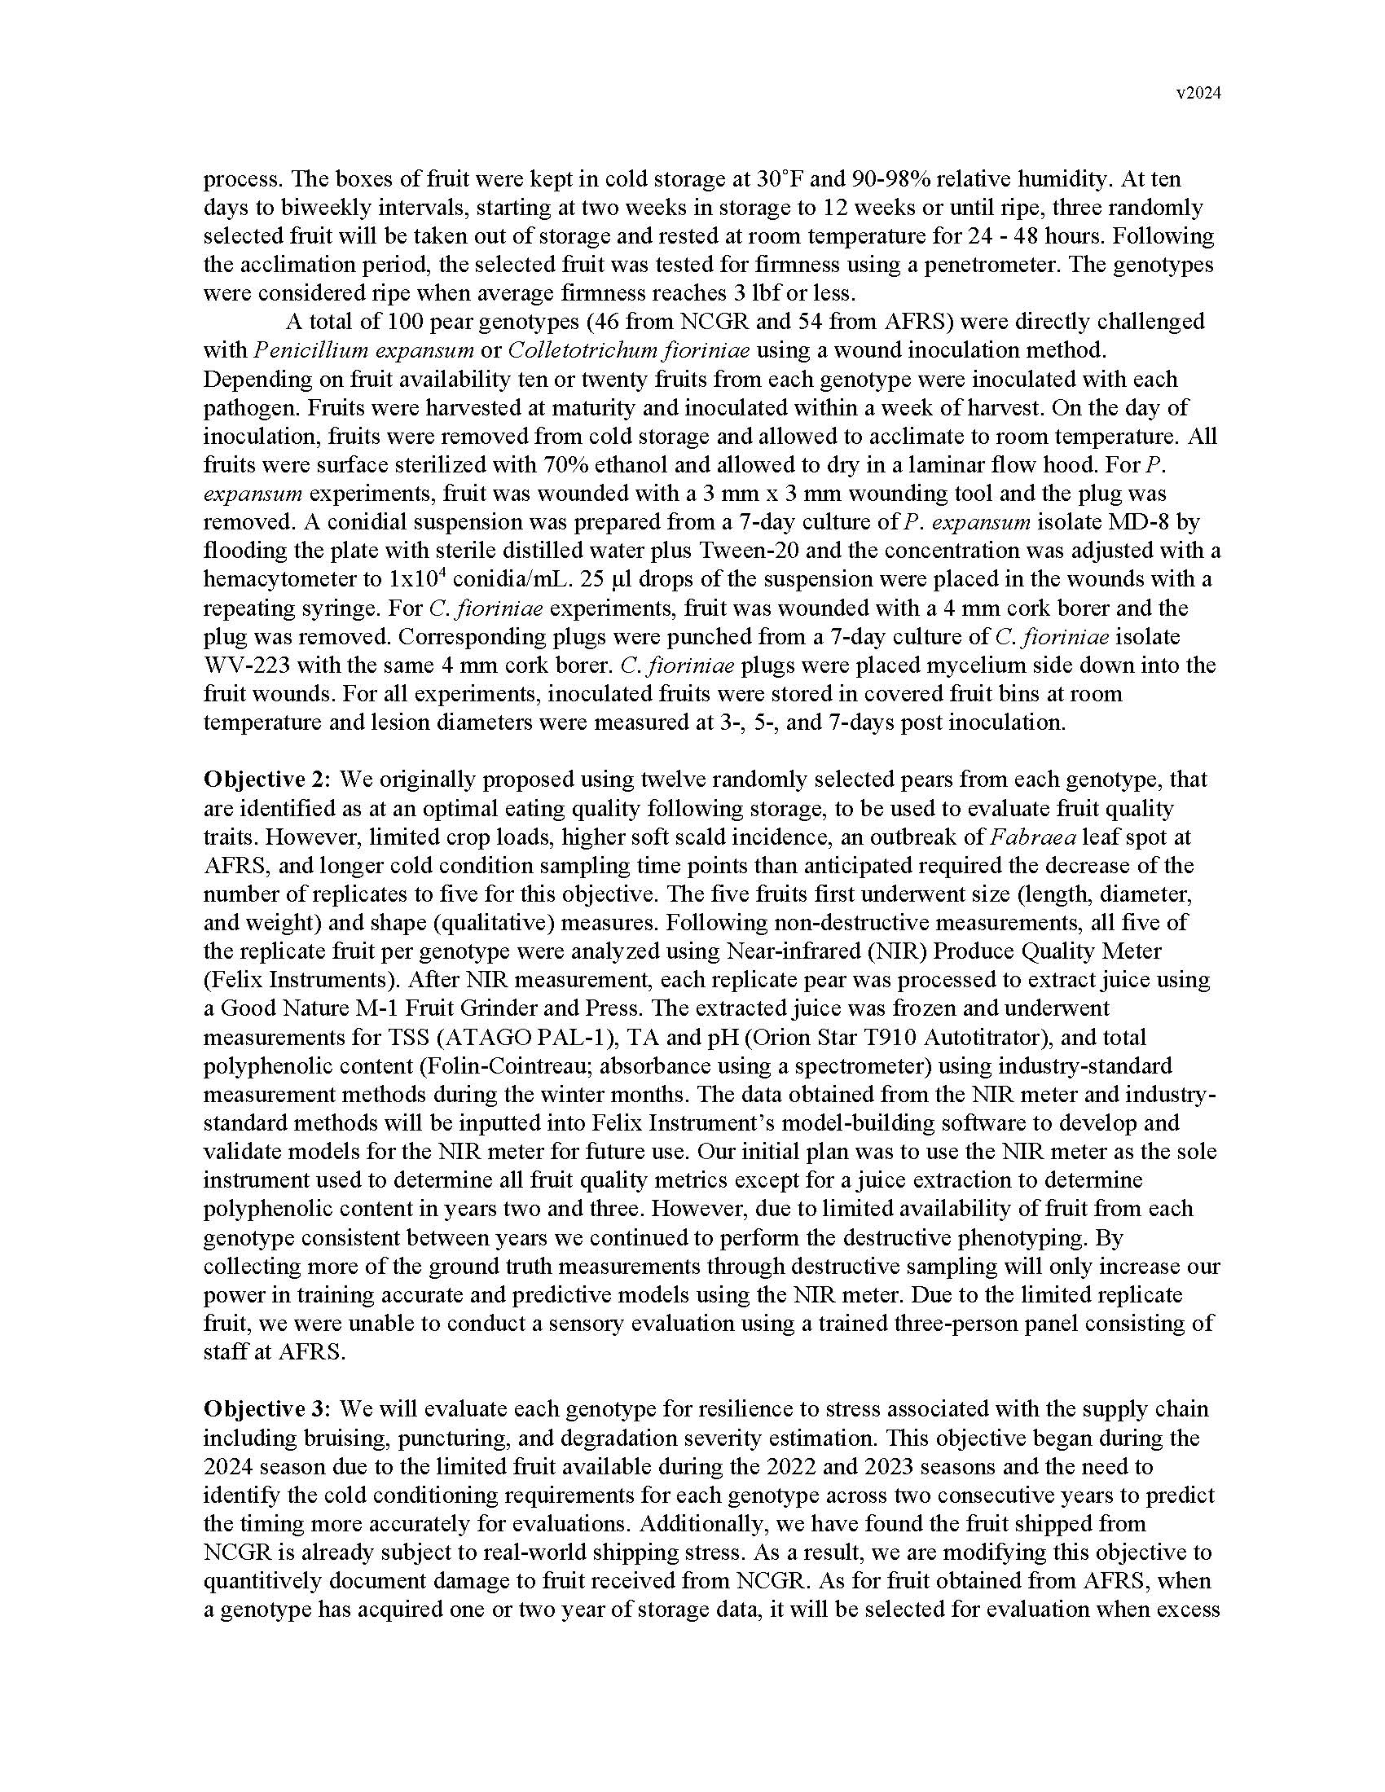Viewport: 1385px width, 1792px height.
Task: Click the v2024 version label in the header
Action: tap(1198, 94)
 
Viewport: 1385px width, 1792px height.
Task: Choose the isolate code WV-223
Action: tap(248, 665)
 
